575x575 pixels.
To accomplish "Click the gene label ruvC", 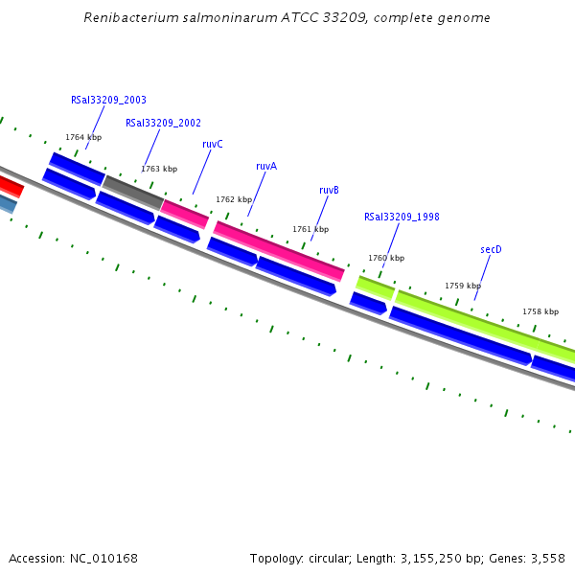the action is (213, 144).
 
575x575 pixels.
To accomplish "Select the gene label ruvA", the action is (266, 166).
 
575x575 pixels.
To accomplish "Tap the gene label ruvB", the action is (330, 190).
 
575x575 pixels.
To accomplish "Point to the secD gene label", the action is (491, 249).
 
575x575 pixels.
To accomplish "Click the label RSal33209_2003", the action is (108, 100).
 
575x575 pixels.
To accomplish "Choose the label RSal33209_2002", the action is (163, 123).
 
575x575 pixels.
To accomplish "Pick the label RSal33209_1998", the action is (402, 217).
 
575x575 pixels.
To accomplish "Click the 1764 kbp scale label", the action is (83, 137).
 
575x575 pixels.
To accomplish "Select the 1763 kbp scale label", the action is (159, 169).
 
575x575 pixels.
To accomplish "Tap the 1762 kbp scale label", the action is (234, 199).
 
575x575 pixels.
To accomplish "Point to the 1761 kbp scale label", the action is (310, 229).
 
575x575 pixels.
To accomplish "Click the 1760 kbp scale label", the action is (386, 258).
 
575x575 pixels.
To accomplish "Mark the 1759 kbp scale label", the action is (463, 286).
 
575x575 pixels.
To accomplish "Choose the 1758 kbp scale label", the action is (540, 311).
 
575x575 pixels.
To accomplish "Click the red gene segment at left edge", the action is (10, 185).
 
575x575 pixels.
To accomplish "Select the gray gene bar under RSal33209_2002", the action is (133, 192).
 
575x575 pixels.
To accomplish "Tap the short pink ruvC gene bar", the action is (185, 214).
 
